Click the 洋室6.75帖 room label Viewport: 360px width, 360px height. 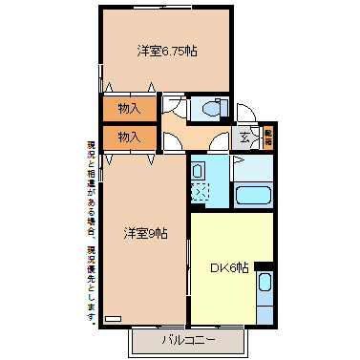click(x=159, y=51)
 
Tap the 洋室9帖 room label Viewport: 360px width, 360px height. click(x=145, y=232)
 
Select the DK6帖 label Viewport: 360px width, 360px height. click(x=229, y=268)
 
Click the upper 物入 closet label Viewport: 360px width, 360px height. click(x=129, y=109)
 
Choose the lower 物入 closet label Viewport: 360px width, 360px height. click(x=129, y=137)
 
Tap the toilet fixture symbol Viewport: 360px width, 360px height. click(x=204, y=109)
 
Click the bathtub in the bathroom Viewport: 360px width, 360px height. click(x=254, y=195)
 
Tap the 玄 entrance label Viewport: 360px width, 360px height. click(x=244, y=138)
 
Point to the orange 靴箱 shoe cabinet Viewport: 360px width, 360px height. click(x=268, y=137)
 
